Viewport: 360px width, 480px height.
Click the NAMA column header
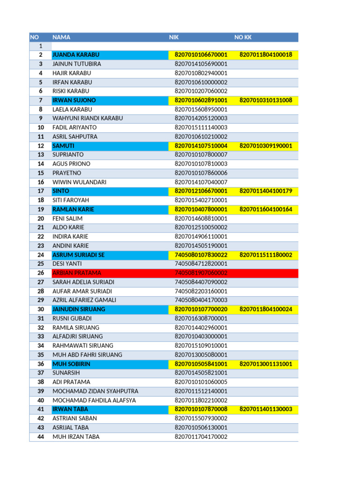point(61,37)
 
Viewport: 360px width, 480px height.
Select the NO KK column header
point(243,37)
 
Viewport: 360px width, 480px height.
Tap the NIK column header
point(174,37)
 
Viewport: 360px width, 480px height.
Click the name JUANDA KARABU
point(75,55)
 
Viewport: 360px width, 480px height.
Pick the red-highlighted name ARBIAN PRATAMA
point(76,273)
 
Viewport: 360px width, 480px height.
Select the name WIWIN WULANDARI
point(79,182)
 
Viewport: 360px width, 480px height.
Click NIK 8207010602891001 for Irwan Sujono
point(201,100)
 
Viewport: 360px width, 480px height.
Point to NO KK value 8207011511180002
point(266,255)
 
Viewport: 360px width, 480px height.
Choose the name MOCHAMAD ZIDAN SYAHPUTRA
point(95,391)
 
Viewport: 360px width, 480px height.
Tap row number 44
point(41,436)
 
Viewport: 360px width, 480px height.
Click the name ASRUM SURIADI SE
point(78,255)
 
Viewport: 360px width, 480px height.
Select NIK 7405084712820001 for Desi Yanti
point(201,264)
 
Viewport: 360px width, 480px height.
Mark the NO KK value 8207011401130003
point(266,409)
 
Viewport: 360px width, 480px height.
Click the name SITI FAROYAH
point(70,200)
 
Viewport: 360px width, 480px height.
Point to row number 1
point(41,46)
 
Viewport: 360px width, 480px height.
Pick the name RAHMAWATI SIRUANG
point(83,345)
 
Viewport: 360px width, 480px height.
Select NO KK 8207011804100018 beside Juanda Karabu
point(266,55)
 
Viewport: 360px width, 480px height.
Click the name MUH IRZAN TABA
point(76,436)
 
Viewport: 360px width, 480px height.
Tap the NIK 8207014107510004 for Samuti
point(201,146)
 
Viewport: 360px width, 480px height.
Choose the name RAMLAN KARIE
point(73,210)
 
